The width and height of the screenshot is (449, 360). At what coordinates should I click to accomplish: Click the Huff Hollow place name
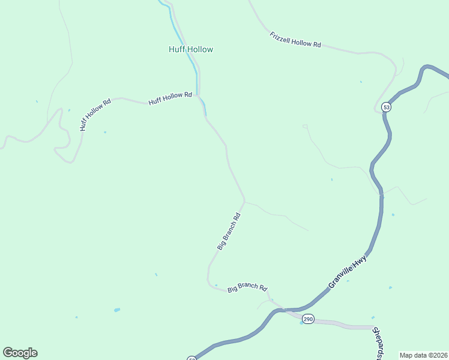191,49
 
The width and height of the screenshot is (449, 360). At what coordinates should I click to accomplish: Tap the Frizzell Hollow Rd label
295,40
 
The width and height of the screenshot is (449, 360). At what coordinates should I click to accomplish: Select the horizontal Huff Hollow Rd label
170,98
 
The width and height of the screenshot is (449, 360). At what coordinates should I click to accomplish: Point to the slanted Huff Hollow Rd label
95,115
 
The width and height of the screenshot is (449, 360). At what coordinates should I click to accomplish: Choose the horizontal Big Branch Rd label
247,288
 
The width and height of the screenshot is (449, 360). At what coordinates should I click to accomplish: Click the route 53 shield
386,107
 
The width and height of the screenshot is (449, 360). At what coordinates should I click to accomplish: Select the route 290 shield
308,319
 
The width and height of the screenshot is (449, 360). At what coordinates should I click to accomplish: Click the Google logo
20,353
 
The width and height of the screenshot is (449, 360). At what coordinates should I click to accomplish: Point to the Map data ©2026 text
423,355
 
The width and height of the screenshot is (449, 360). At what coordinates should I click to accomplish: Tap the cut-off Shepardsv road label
378,344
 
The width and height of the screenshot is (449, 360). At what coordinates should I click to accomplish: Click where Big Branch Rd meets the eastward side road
244,201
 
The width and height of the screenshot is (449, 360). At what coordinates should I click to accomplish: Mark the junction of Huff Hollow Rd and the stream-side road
199,95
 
